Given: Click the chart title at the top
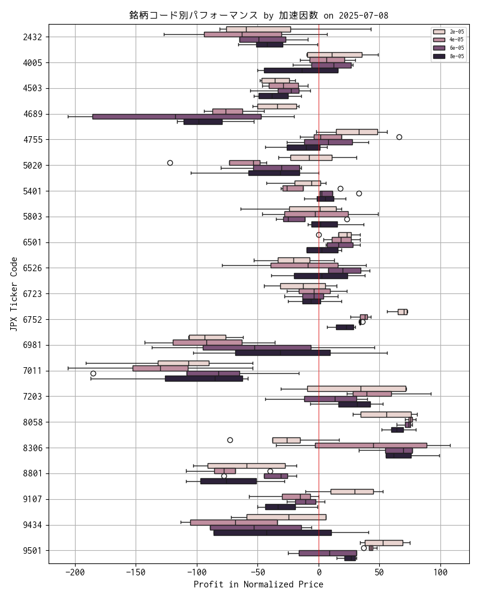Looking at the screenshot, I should pyautogui.click(x=259, y=15).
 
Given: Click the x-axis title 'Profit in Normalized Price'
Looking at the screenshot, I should pyautogui.click(x=258, y=584).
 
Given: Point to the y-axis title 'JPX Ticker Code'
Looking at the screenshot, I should pyautogui.click(x=14, y=293).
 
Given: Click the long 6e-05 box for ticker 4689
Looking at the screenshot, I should pyautogui.click(x=176, y=116).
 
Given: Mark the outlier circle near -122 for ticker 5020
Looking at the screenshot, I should pyautogui.click(x=170, y=163).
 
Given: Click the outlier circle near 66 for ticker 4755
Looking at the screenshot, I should pyautogui.click(x=399, y=137).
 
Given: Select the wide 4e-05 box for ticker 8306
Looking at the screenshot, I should pyautogui.click(x=371, y=445).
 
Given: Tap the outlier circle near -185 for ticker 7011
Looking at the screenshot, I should pyautogui.click(x=93, y=373).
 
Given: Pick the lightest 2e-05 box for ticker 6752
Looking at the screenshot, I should pyautogui.click(x=402, y=311).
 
